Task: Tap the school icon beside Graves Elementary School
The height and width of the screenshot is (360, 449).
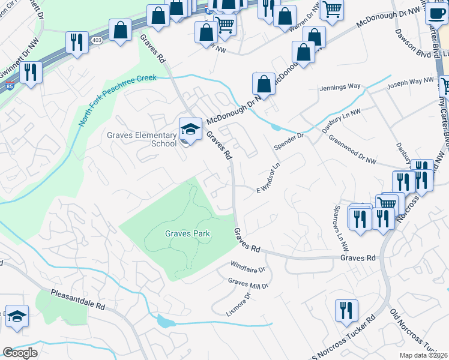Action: [190, 129]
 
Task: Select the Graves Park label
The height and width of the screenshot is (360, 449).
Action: [187, 233]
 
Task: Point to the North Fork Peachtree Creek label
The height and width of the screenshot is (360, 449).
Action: [118, 100]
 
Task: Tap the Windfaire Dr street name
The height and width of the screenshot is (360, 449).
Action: [248, 265]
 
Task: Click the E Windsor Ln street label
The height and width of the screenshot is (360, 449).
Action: [269, 178]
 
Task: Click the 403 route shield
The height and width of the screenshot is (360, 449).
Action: [97, 39]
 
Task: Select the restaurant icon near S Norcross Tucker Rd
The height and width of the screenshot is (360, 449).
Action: [346, 310]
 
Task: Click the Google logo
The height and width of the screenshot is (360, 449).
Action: [20, 353]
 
